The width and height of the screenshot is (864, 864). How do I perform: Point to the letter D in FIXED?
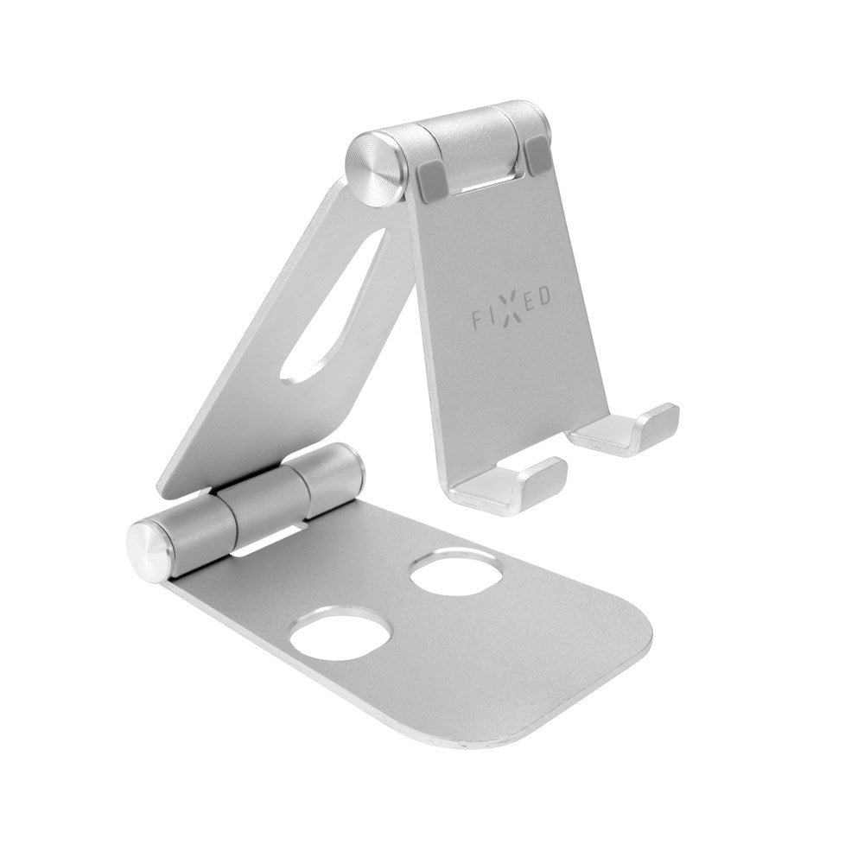tap(546, 296)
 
